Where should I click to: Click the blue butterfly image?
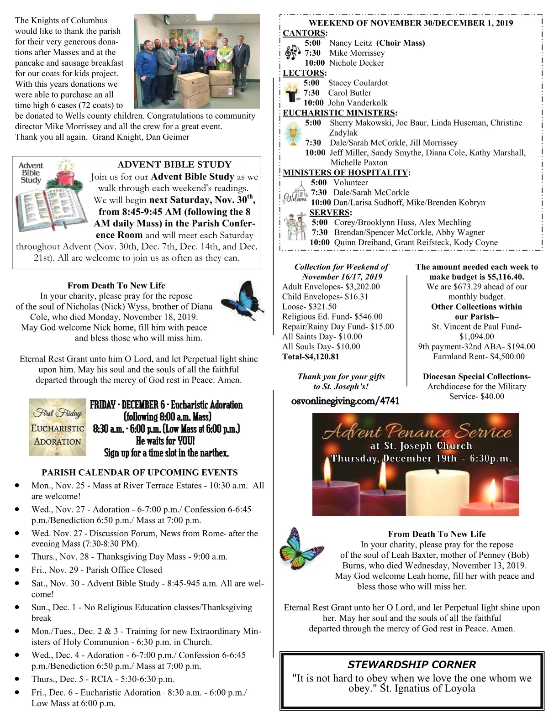tap(242, 302)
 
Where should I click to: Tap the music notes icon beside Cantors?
tap(292, 53)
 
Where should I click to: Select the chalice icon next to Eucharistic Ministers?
tap(293, 133)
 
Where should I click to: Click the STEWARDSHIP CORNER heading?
tap(411, 665)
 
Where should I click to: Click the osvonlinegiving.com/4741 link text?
tap(345, 401)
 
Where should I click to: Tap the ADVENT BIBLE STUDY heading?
tap(174, 165)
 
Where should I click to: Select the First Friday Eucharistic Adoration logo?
tap(57, 427)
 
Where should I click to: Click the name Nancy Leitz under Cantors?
tap(350, 43)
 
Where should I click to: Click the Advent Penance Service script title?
tap(417, 432)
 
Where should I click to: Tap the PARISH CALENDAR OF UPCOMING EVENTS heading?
tap(140, 473)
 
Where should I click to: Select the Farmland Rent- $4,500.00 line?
tap(479, 357)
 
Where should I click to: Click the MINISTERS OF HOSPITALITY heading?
tap(345, 173)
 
